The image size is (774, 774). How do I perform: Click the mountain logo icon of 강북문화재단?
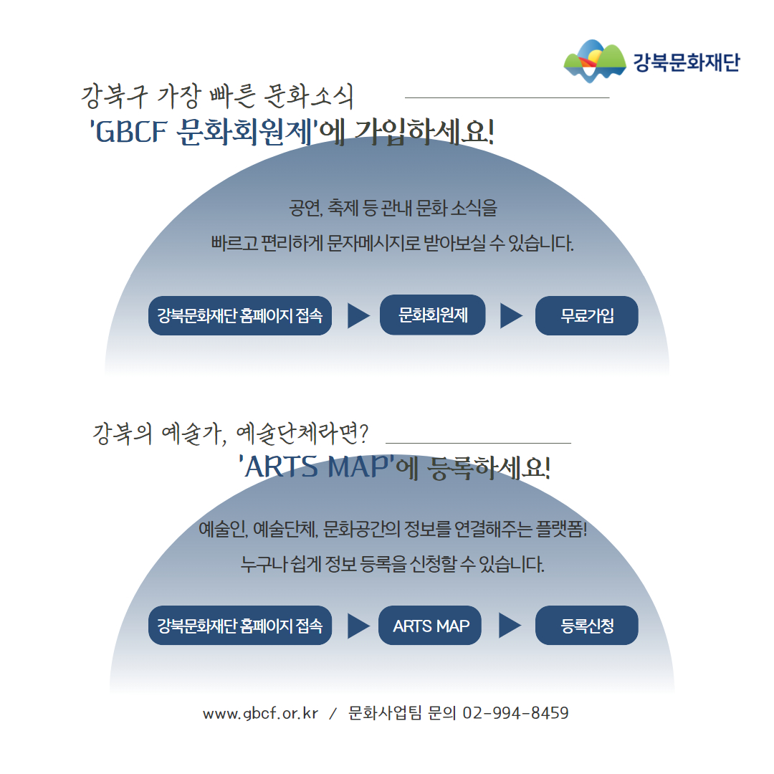coord(595,61)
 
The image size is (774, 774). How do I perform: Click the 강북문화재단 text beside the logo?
coord(687,62)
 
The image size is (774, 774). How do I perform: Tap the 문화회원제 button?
coord(432,315)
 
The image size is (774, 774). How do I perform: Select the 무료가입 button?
coord(586,316)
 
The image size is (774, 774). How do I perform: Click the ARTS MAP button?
coord(430,626)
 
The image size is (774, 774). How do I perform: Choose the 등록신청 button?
coord(586,626)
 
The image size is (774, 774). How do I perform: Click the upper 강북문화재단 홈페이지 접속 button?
coord(240,316)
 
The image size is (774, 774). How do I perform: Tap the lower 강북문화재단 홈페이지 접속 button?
coord(240,626)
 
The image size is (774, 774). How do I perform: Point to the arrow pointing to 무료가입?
coord(512,316)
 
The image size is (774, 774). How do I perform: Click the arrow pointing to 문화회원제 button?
coord(359,316)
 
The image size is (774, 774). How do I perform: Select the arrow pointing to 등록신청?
coord(510,626)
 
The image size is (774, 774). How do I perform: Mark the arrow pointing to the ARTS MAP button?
coord(359,626)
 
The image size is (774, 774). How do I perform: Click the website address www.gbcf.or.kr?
coord(260,714)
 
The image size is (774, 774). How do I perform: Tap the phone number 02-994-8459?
coord(515,713)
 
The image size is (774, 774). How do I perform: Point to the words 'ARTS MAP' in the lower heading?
coord(317,467)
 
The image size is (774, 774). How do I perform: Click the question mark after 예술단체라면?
coord(364,433)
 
